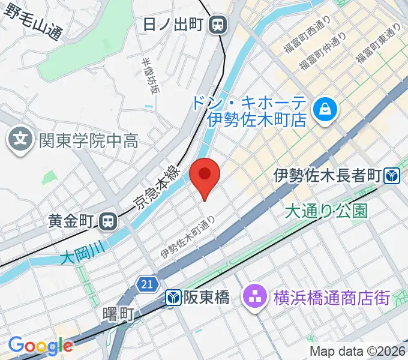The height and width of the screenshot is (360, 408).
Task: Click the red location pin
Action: point(205,175)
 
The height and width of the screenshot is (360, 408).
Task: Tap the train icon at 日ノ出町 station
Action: point(218,25)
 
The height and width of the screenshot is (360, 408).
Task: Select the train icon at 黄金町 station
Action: point(108,221)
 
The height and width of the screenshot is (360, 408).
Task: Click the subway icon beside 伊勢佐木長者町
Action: point(393,176)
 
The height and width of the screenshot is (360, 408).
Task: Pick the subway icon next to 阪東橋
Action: point(173,297)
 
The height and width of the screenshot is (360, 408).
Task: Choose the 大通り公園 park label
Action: point(326,211)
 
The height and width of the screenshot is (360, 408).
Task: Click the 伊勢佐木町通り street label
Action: point(187,238)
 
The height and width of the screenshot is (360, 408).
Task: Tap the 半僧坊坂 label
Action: point(151,76)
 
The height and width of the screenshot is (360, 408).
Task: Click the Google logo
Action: point(40,346)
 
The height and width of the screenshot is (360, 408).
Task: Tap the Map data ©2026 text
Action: point(358,351)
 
